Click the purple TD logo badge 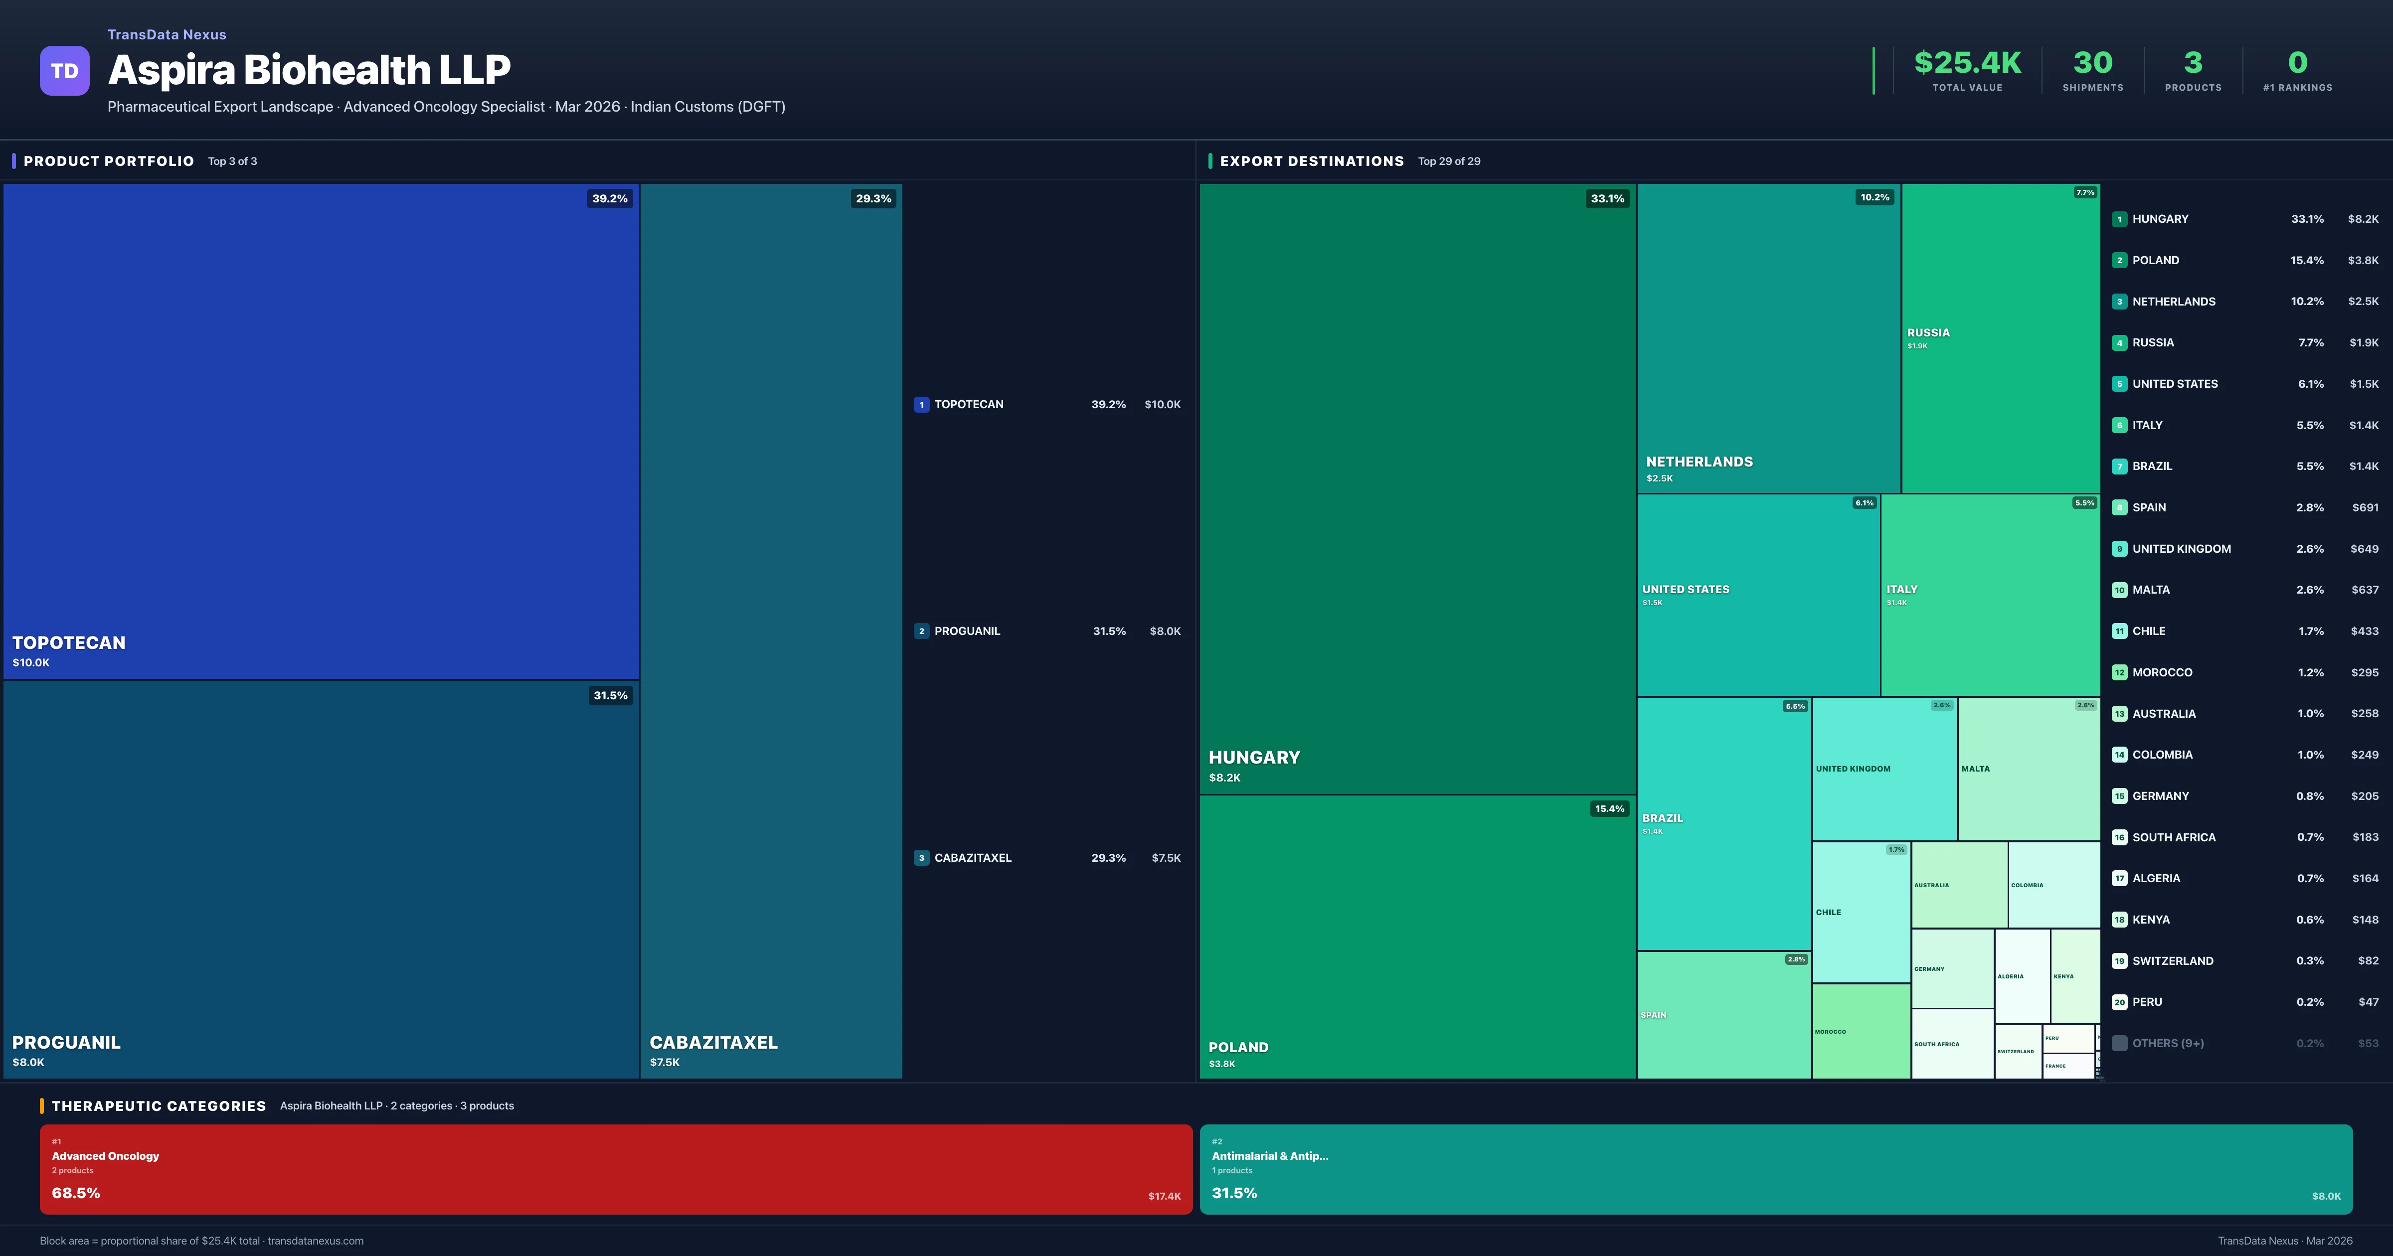pos(64,71)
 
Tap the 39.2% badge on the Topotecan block pos(609,199)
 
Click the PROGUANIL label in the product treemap pos(66,1042)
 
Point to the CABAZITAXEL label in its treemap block pos(713,1042)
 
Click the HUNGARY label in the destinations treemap pos(1254,757)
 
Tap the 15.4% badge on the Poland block pos(1609,809)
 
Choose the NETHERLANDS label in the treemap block pos(1699,462)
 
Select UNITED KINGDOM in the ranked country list pos(2181,549)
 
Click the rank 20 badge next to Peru pos(2119,1002)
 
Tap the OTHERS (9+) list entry pos(2167,1043)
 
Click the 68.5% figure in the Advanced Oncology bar pos(76,1193)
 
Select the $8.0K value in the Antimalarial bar pos(2325,1197)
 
